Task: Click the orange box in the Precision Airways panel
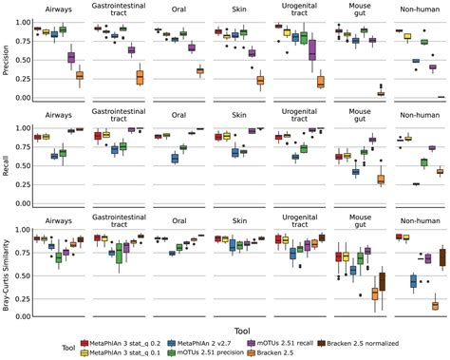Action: (x=80, y=75)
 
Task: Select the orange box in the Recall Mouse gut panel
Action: (x=382, y=179)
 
